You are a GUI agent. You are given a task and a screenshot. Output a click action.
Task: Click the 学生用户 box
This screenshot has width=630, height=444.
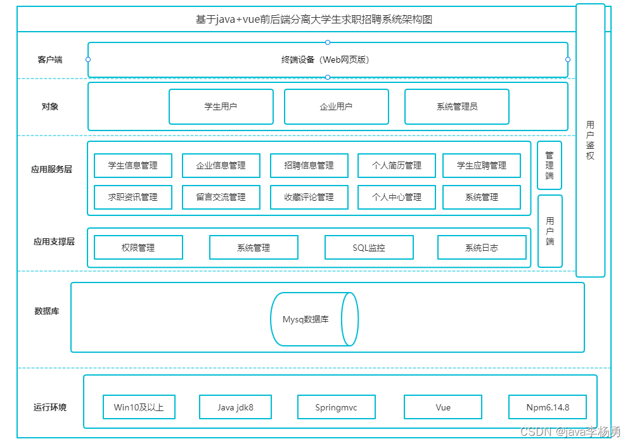(x=221, y=106)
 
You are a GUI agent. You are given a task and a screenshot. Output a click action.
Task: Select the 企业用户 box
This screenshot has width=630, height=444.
(x=337, y=106)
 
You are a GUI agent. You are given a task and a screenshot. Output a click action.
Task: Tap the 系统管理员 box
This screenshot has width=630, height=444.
(x=457, y=106)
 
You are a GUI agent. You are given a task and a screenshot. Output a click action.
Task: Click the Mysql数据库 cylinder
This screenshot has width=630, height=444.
(x=314, y=319)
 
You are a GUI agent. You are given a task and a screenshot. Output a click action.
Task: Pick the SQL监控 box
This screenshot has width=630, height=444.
(x=369, y=247)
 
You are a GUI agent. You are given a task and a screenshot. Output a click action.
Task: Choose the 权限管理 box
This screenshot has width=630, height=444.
(x=138, y=247)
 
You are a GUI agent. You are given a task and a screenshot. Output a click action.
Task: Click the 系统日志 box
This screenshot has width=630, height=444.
(x=482, y=247)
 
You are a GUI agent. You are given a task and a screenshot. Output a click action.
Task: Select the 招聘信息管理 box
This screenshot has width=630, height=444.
(x=309, y=165)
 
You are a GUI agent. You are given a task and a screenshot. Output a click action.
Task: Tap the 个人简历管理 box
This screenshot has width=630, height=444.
(x=397, y=165)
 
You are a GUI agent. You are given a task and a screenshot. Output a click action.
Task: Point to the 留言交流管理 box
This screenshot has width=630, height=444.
(x=221, y=197)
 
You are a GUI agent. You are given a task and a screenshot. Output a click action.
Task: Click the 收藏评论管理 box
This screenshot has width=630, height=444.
(x=309, y=197)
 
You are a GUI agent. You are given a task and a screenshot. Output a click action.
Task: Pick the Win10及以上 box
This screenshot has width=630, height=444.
(x=139, y=407)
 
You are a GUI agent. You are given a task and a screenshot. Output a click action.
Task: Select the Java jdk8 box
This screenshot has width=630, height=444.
(x=235, y=407)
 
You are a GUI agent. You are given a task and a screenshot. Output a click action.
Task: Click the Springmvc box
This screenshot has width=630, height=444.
(x=337, y=407)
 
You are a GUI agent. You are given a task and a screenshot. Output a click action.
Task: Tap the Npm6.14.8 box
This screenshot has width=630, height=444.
(x=548, y=407)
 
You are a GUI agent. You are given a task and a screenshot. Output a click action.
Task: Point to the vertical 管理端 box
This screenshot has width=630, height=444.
(x=550, y=165)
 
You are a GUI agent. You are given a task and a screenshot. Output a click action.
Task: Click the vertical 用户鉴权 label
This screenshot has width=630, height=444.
(x=590, y=140)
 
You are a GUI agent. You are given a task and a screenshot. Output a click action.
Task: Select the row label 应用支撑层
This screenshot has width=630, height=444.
(x=54, y=242)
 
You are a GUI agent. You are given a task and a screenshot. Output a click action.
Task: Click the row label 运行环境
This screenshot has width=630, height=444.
(x=50, y=407)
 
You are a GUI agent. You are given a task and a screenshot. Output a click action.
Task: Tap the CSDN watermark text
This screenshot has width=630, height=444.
(x=570, y=431)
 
